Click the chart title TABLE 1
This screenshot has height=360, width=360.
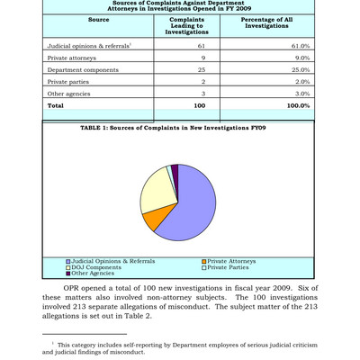point(179,128)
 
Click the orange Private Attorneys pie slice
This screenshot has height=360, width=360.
point(155,219)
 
